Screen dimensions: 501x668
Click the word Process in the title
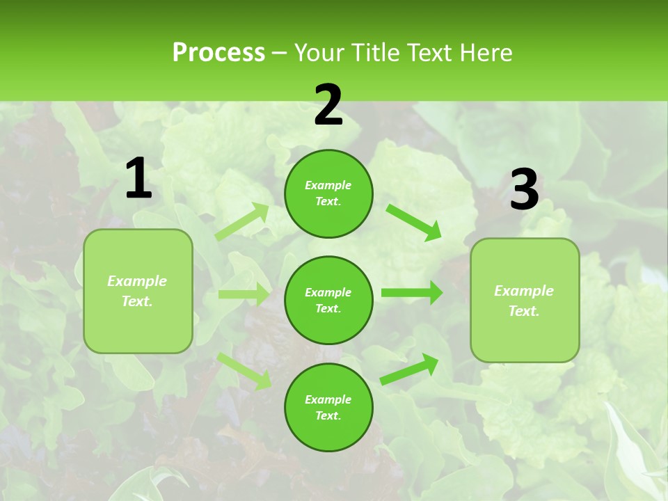point(218,53)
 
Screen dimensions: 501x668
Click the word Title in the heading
point(376,53)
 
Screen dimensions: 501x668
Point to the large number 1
point(138,179)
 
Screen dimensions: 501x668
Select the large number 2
point(328,105)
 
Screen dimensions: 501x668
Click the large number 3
point(524,190)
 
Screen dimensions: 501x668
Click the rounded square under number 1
point(138,291)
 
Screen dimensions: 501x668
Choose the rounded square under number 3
point(525,300)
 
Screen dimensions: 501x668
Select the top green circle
point(328,193)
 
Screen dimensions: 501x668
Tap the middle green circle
point(328,300)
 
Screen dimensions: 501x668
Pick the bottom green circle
point(328,407)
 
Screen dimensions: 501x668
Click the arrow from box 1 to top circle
point(242,222)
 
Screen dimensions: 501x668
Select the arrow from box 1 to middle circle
point(244,294)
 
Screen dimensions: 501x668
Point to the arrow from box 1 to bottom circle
point(244,370)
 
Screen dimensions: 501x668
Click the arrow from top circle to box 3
point(413,221)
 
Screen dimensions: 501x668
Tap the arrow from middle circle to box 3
point(412,293)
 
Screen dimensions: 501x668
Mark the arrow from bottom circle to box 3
point(410,369)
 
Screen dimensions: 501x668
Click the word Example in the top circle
point(328,185)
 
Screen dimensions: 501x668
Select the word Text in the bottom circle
point(327,415)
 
